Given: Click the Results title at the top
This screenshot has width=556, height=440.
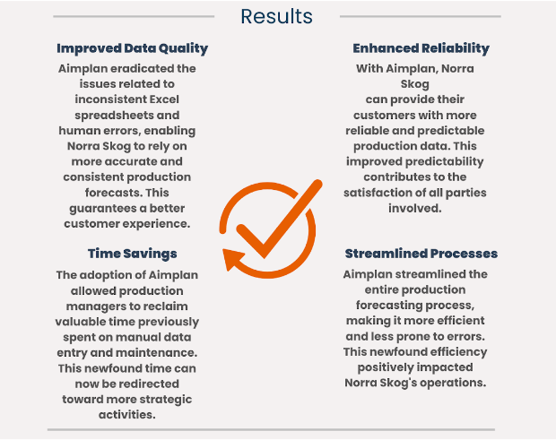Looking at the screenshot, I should coord(276,17).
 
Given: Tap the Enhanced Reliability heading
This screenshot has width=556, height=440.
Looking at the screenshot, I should coord(421,48).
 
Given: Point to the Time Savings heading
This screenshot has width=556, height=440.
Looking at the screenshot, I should coord(132,254).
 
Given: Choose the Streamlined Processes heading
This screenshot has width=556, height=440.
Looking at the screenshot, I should coord(421,254).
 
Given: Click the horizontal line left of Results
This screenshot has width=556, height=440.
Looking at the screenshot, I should coord(134,16).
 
